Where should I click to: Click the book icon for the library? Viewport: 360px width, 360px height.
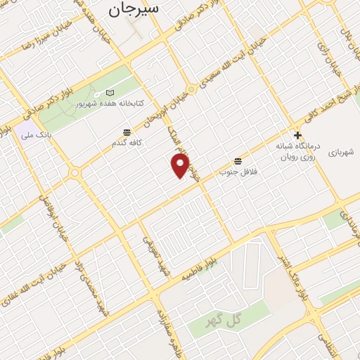[x=109, y=93]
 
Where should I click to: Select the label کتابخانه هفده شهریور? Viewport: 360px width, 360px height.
[x=110, y=103]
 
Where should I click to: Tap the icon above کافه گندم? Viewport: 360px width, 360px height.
[x=126, y=131]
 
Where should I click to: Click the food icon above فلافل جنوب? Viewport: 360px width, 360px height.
[x=238, y=161]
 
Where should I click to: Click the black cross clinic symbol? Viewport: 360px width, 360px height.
[x=297, y=135]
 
